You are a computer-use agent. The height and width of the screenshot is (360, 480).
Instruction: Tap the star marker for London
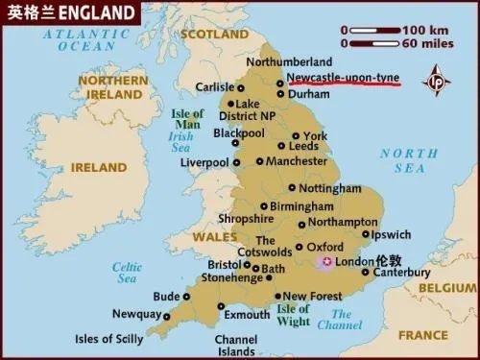pos(326,262)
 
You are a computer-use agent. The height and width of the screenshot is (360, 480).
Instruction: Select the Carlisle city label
pos(214,87)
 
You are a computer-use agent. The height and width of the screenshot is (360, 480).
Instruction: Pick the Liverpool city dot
pos(235,162)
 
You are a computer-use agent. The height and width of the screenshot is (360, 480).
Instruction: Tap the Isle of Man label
pos(187,120)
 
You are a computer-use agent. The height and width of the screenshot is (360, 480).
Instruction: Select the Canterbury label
pos(400,273)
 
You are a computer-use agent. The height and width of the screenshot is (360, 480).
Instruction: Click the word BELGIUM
pos(446,287)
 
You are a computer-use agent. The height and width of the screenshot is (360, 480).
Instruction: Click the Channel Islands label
pos(235,346)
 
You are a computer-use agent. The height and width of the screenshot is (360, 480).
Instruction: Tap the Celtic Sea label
pos(127,273)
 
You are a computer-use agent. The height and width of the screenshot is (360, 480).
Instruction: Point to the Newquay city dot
pos(165,315)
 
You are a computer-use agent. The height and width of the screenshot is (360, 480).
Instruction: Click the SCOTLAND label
pos(216,34)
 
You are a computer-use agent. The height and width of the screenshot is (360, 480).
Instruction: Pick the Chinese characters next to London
pos(389,260)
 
